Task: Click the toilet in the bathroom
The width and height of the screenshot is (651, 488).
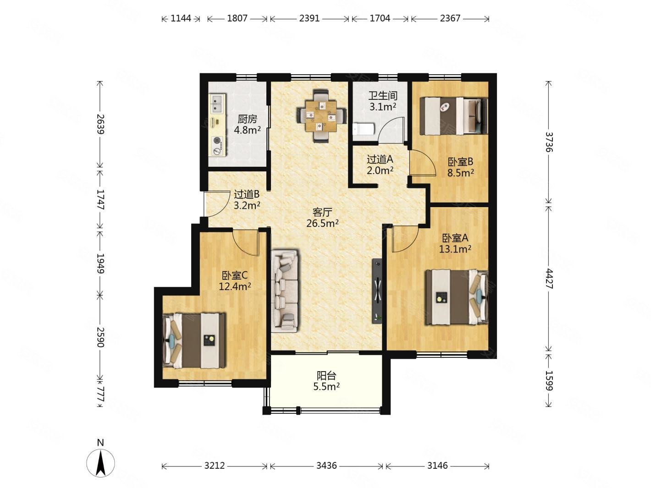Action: point(363,129)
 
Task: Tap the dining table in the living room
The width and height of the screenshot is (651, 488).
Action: point(321,116)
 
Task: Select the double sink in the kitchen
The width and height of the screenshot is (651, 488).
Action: point(217,104)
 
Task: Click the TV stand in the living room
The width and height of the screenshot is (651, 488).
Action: point(377,291)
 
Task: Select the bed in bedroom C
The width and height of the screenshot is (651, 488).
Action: point(194,340)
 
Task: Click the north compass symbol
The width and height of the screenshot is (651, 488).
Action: point(100,462)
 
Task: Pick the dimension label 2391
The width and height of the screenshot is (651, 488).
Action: point(309,18)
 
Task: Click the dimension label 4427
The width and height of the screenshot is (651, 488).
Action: point(549,279)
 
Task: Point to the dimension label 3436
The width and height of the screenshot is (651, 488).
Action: point(326,466)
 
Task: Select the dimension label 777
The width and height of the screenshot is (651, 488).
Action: point(100,394)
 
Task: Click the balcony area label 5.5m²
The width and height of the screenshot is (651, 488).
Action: point(326,386)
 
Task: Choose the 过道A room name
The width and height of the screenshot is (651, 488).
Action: point(380,159)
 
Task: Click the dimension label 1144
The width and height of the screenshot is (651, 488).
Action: point(181,18)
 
